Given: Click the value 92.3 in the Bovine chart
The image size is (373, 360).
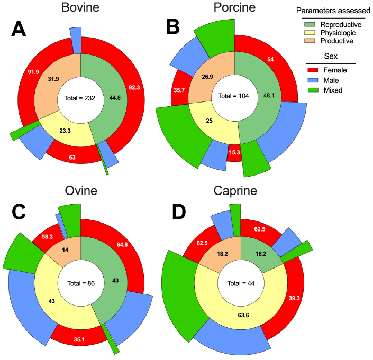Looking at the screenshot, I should [x=134, y=88].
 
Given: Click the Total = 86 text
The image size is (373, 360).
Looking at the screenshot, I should [x=80, y=283].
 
